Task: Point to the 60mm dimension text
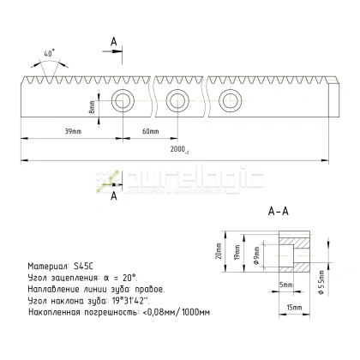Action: pos(151,130)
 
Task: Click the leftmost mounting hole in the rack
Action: pos(122,102)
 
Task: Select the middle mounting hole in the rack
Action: pos(177,101)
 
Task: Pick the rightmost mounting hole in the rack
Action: pos(229,101)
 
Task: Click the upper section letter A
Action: pos(115,41)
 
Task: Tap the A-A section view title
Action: pos(279,209)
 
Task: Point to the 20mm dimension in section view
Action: pos(219,249)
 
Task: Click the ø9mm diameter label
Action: pos(256,254)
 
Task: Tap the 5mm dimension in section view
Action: pos(285,285)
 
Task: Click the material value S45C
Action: pos(82,266)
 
